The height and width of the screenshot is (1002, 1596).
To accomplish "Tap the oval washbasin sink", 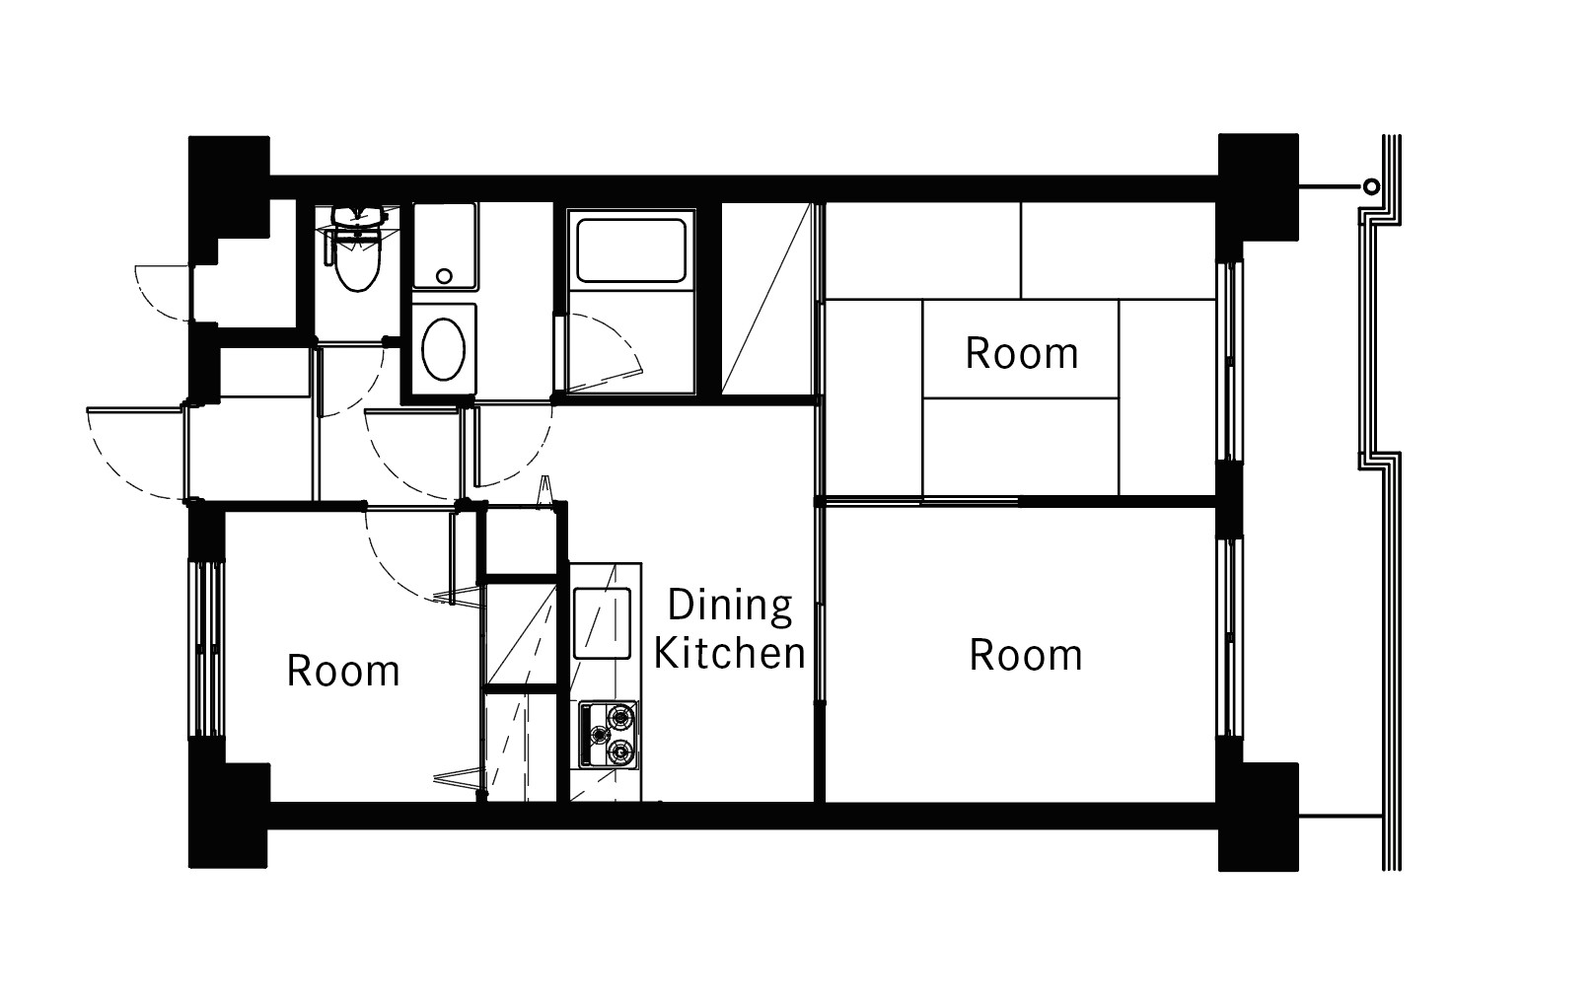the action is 443,349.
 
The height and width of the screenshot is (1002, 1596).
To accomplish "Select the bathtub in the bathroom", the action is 631,250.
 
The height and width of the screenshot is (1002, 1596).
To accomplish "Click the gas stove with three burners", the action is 608,735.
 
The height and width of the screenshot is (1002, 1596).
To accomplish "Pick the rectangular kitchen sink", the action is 602,623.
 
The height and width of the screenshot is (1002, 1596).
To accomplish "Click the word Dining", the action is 730,606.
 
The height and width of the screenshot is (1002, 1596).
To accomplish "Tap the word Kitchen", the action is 730,653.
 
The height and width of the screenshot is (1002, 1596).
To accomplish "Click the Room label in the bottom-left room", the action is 342,671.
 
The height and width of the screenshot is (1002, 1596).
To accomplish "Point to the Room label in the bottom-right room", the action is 1025,655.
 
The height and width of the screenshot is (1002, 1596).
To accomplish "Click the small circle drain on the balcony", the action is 1371,187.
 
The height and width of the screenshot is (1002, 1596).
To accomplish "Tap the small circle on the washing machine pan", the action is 444,276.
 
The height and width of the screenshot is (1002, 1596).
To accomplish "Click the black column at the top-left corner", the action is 228,187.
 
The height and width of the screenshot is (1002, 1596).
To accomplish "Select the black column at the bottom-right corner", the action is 1259,817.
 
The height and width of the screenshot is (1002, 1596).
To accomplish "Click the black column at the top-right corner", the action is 1259,186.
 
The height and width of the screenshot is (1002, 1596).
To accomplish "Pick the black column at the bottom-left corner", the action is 228,816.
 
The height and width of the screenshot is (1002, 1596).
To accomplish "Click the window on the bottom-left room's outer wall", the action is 207,650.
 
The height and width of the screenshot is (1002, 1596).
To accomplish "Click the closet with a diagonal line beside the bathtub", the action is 765,299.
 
